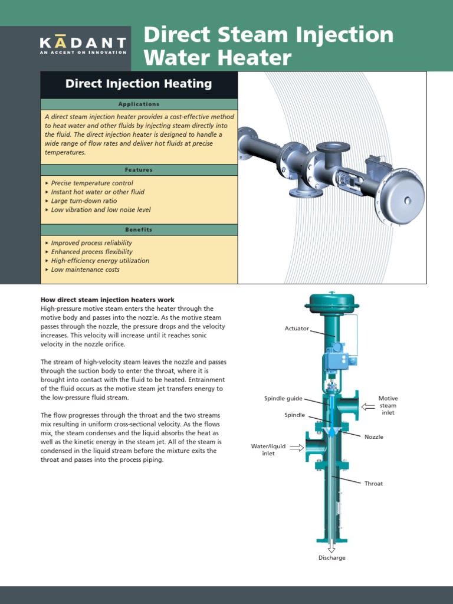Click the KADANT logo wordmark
83,42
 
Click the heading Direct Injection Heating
139,84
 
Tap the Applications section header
139,104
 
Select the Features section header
139,169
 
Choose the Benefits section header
139,229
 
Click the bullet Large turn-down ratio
84,201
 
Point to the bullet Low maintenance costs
85,270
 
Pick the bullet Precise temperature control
92,183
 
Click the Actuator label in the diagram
297,328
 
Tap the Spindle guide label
283,398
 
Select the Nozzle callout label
373,437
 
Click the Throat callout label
373,484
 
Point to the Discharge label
332,558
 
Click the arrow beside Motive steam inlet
367,406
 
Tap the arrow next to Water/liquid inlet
297,448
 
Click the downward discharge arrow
331,547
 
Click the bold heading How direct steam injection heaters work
107,300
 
